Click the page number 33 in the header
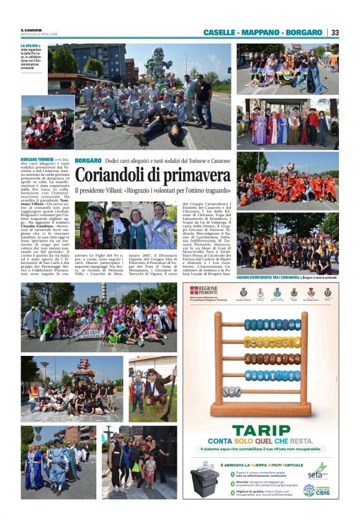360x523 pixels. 335,32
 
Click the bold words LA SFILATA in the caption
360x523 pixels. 29,46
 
